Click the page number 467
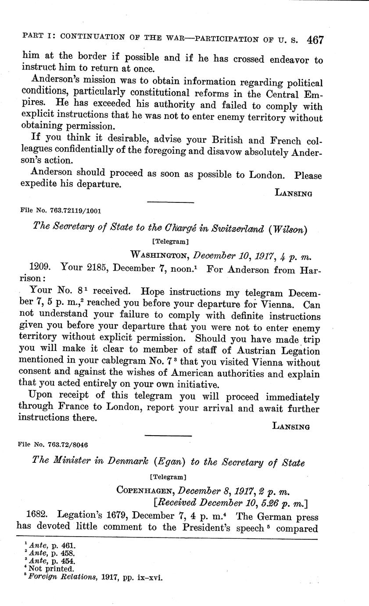[x=315, y=40]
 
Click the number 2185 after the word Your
[x=102, y=267]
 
